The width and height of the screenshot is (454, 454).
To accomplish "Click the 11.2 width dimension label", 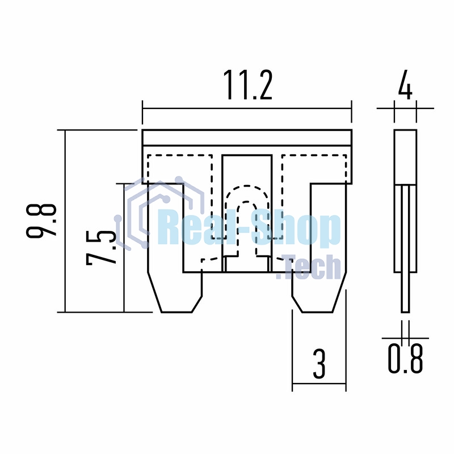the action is tap(248, 85).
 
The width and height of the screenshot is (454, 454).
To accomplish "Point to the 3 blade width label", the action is tap(319, 364).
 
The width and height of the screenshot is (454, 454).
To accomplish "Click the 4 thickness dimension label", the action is tap(405, 84).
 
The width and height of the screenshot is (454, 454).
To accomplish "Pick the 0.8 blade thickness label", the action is tap(405, 358).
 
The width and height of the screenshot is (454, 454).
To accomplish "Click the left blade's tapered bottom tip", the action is tap(176, 312).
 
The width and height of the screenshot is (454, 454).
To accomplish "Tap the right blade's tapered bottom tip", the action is tap(318, 312).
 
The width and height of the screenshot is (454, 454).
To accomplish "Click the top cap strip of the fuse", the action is tap(247, 137).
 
